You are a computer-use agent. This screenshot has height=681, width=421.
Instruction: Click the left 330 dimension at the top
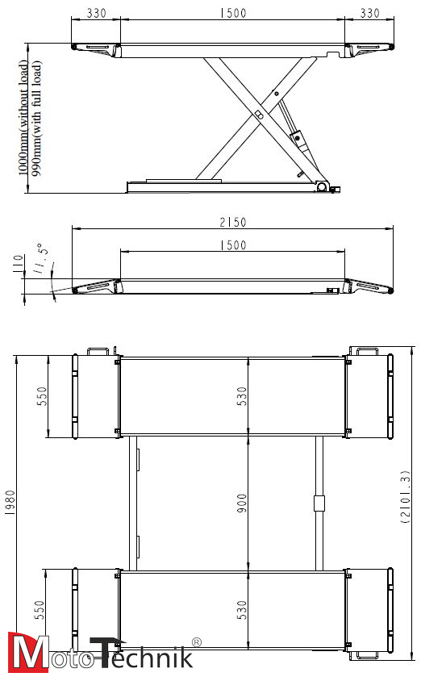[96, 14]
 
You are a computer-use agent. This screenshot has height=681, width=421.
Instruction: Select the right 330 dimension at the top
[369, 14]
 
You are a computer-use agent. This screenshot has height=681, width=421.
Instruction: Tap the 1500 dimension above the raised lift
[232, 14]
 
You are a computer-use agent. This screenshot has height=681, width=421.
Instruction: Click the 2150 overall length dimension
[232, 223]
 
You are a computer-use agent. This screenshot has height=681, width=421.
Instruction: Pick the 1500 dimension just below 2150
[232, 245]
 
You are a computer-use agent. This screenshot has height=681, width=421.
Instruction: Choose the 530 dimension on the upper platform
[242, 398]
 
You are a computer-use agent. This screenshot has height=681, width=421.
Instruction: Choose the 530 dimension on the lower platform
[242, 608]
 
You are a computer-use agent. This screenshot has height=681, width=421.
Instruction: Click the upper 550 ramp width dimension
[41, 396]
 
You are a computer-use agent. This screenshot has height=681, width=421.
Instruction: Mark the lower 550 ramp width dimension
[41, 610]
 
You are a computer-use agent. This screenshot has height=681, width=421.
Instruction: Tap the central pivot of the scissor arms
[257, 115]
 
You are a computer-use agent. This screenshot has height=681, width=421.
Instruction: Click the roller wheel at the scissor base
[322, 187]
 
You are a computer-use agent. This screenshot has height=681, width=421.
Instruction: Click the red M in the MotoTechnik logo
[27, 653]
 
